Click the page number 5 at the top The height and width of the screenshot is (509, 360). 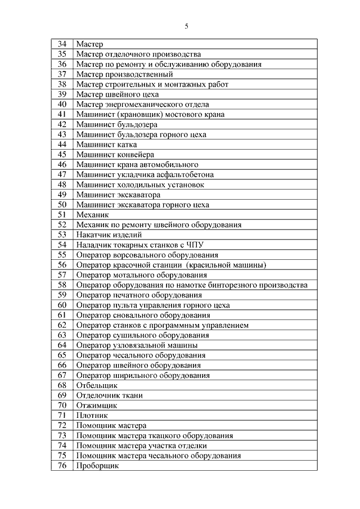(186, 26)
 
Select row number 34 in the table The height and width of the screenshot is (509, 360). (62, 44)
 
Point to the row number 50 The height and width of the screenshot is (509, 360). (62, 205)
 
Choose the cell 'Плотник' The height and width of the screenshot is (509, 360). (92, 415)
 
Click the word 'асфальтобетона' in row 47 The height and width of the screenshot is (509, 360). (173, 174)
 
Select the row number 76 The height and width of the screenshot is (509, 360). (62, 466)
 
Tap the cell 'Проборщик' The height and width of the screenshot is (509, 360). (97, 466)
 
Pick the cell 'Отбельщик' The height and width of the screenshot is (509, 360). (97, 385)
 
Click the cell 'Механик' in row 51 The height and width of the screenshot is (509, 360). (93, 215)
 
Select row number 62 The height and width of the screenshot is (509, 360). (62, 325)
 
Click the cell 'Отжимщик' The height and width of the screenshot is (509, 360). (96, 406)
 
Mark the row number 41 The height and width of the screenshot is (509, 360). (62, 114)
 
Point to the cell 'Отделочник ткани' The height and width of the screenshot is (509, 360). (109, 395)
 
